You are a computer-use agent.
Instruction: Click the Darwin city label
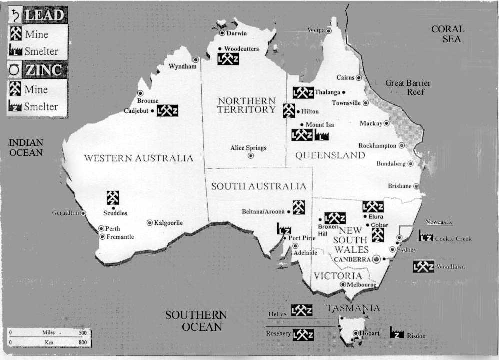tap(237, 34)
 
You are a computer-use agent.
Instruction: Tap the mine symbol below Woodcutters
tap(228, 59)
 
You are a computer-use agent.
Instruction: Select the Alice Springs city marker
tap(251, 156)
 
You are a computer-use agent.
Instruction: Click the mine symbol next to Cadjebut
tap(167, 111)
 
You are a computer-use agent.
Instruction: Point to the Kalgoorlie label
tap(169, 223)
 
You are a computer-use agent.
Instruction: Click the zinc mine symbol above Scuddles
tap(113, 198)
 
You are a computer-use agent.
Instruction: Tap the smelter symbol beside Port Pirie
tap(284, 229)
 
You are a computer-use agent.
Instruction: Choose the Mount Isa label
tap(320, 125)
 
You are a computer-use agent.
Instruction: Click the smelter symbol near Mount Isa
tap(322, 135)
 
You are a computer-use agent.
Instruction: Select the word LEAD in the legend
tap(43, 15)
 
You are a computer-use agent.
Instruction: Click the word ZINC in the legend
tap(44, 70)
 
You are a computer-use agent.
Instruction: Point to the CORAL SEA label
tap(448, 34)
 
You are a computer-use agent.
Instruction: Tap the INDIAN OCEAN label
tap(26, 147)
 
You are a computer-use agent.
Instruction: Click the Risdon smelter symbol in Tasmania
tap(397, 333)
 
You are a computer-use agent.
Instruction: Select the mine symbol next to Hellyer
tap(302, 310)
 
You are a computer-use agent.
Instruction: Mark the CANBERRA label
tap(352, 259)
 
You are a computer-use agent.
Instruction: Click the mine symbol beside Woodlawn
tap(423, 267)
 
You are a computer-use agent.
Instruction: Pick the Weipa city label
tap(316, 30)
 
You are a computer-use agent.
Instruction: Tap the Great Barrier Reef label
tap(408, 87)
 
